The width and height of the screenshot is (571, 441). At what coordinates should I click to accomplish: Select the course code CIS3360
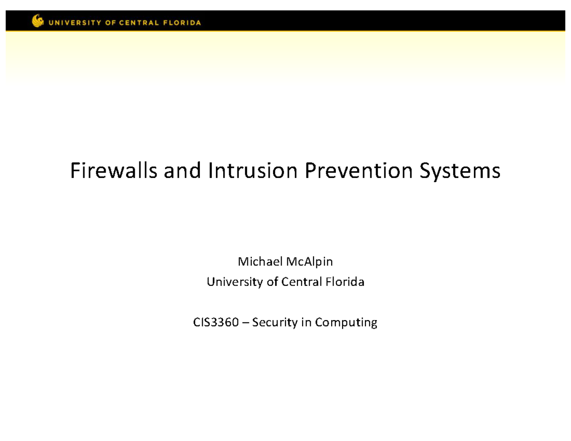pyautogui.click(x=215, y=323)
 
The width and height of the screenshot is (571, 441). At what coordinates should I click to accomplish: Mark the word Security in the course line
pyautogui.click(x=273, y=323)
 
